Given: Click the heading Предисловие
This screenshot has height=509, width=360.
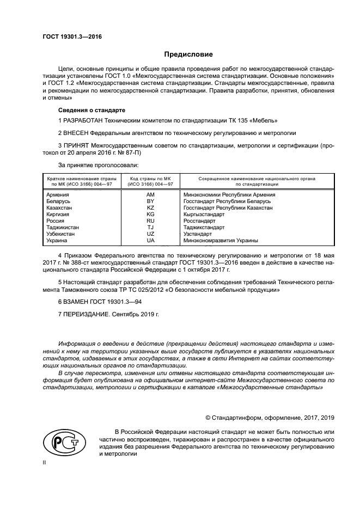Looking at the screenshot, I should [189, 54].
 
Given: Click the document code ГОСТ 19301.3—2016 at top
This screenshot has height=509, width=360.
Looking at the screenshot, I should [72, 36].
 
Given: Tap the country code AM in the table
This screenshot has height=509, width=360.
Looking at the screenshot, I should [150, 194].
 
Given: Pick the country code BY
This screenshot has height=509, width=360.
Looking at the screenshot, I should [150, 201].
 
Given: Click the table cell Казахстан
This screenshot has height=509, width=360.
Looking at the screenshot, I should [60, 207].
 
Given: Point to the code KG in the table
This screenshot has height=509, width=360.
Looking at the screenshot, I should [150, 214].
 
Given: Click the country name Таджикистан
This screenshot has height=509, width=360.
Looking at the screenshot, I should [63, 227].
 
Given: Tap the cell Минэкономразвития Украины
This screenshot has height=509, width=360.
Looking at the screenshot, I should [221, 240].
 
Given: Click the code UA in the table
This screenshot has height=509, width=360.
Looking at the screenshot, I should [150, 240].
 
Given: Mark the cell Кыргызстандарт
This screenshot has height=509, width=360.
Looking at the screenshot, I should [204, 214].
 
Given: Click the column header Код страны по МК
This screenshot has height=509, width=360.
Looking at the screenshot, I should [150, 179].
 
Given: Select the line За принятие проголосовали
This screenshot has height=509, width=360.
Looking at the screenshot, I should [98, 164].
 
